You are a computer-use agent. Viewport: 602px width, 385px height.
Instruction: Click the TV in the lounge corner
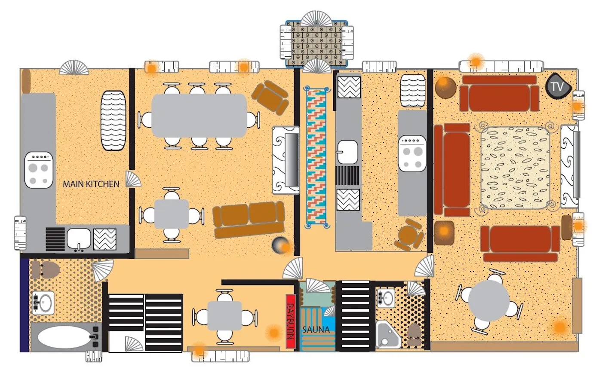coord(558,86)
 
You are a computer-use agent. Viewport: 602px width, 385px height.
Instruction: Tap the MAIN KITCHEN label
coord(91,184)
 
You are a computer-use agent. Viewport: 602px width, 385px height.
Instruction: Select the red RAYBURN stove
coord(291,321)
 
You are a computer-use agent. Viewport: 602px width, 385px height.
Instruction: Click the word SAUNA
coord(316,330)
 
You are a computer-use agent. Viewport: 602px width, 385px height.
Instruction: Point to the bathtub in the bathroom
coord(64,337)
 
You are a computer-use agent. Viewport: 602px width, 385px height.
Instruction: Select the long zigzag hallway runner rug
coord(316,157)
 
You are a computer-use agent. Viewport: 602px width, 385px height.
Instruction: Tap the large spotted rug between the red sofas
coord(515,168)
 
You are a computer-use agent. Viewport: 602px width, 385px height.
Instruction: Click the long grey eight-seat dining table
coord(199,116)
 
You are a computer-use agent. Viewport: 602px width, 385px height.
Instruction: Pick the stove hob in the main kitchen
coord(39,170)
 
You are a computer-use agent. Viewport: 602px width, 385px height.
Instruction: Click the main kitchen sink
coord(79,238)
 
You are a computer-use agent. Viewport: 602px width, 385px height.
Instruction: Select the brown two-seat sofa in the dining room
coord(249,220)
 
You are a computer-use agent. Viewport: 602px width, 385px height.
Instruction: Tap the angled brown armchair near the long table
coord(270,98)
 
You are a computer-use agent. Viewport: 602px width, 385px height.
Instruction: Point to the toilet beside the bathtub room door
coord(45,270)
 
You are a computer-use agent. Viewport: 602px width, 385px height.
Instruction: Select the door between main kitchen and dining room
coord(133,179)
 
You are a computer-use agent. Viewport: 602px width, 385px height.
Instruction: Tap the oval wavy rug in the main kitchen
coord(114,121)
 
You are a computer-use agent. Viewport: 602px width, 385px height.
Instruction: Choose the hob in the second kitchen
coord(412,153)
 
